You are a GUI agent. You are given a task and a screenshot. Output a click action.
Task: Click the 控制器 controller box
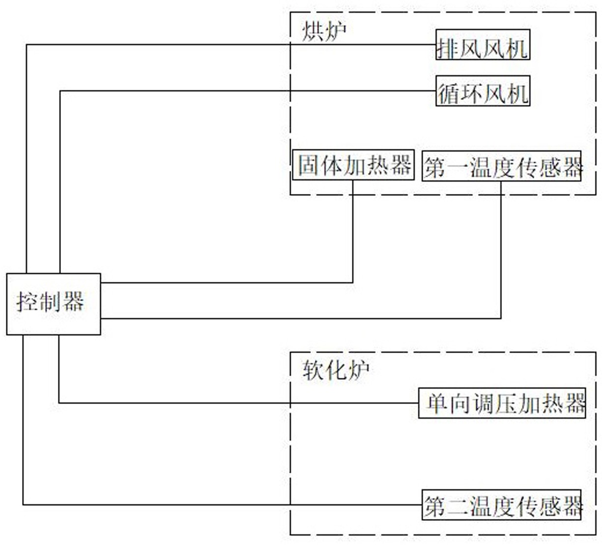click(x=54, y=304)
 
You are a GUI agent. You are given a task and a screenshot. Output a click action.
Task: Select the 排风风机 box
click(x=483, y=44)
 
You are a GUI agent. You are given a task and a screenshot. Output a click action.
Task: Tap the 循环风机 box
click(x=483, y=91)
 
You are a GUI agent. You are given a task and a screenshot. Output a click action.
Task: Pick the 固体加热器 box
click(x=353, y=165)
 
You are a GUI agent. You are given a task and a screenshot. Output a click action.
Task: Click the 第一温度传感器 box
click(x=501, y=166)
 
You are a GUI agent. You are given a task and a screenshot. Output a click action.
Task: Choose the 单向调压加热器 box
click(x=502, y=403)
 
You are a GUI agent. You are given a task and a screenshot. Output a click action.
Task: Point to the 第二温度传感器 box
click(x=501, y=505)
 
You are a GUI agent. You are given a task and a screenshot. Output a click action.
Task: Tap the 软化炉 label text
click(x=336, y=370)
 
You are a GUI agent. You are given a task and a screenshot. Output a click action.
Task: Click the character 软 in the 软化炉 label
click(x=313, y=370)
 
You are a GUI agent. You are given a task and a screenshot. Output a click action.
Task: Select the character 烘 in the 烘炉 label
click(x=313, y=31)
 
